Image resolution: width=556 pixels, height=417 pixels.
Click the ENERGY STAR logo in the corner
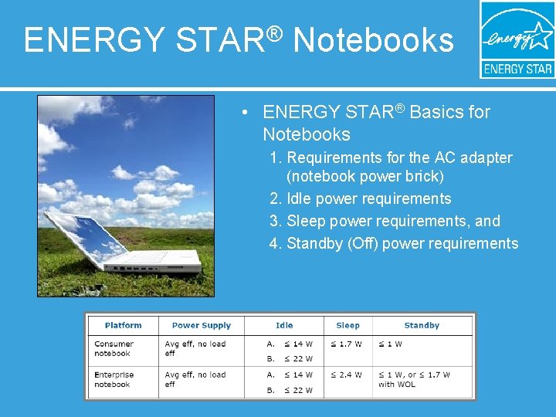click(x=517, y=39)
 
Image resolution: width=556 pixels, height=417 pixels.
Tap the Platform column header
click(x=124, y=326)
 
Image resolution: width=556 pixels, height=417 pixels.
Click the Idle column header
click(x=284, y=326)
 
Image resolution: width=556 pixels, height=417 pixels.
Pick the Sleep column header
click(x=347, y=326)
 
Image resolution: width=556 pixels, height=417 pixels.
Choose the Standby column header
click(x=422, y=326)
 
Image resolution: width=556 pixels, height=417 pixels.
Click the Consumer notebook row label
click(x=114, y=349)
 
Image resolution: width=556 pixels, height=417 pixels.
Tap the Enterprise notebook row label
click(x=115, y=380)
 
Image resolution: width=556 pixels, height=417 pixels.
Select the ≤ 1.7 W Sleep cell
click(x=346, y=344)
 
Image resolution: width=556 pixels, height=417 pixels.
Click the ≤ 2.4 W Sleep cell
click(x=346, y=375)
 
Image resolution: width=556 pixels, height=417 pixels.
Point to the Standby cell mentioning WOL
click(x=414, y=380)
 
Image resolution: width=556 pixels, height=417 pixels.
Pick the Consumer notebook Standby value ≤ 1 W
click(x=390, y=344)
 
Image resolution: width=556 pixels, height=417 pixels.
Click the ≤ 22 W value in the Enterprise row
click(x=297, y=391)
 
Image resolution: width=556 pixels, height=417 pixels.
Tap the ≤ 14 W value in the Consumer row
click(x=297, y=344)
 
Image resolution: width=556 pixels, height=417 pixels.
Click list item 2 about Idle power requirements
click(x=360, y=199)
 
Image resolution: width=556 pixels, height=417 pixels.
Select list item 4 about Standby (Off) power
click(x=394, y=244)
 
